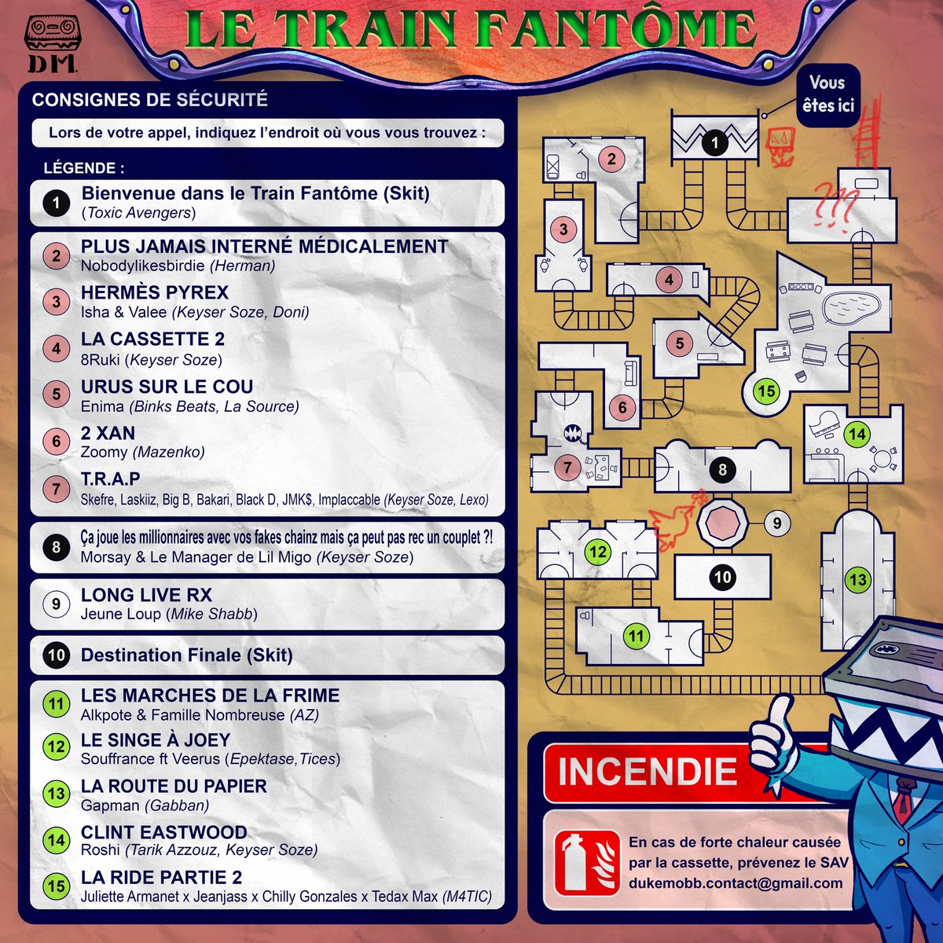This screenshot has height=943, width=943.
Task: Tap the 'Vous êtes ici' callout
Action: pos(827,94)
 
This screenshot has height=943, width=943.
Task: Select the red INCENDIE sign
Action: pos(649,771)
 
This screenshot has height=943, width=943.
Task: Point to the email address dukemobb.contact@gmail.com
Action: pos(736,882)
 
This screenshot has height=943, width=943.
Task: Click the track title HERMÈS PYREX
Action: pos(155,293)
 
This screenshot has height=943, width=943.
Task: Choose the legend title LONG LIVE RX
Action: pos(147,596)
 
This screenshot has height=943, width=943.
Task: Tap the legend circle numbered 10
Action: pos(56,655)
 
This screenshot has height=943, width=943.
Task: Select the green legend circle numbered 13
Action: pos(56,794)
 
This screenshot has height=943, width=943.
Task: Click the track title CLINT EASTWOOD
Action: pos(164,832)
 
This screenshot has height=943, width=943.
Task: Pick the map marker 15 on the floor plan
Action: pos(766,391)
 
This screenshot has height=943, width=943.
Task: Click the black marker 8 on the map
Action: pos(722,471)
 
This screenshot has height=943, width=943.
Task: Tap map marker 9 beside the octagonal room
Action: pos(777,523)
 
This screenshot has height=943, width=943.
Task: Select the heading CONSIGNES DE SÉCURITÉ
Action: pos(150,100)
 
